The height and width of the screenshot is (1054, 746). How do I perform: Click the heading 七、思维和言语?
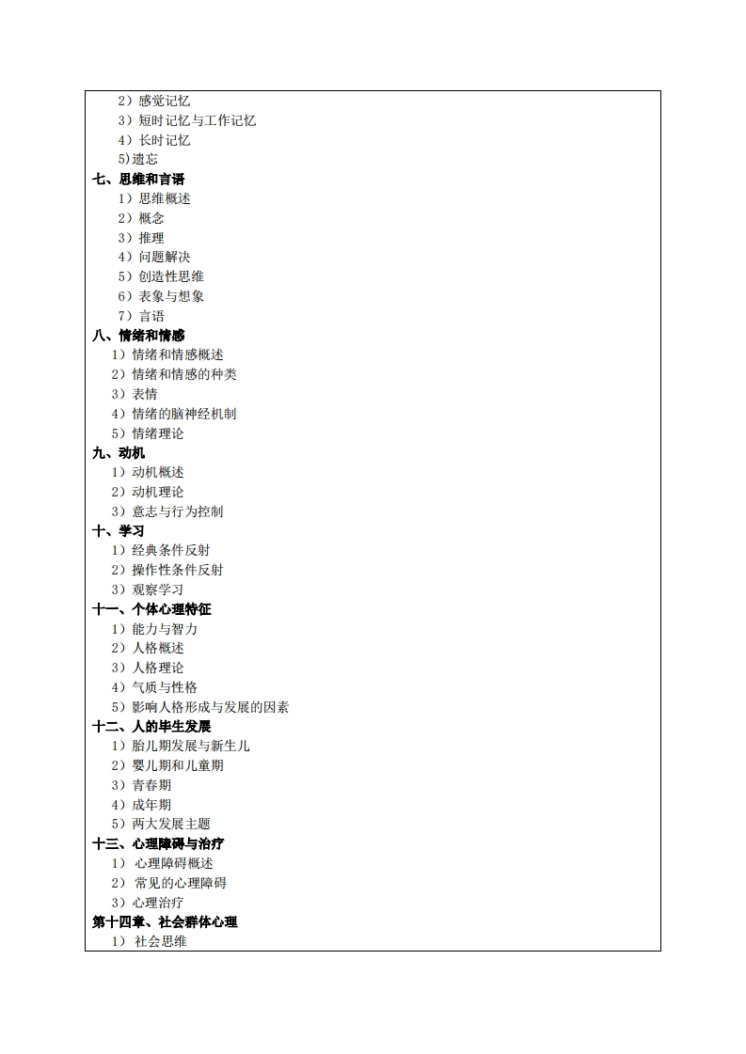138,179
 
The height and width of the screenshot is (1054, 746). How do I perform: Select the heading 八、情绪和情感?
138,335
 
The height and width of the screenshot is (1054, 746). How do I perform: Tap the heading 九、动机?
119,452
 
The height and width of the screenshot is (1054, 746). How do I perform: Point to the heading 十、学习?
119,530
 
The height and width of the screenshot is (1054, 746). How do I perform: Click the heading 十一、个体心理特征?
151,609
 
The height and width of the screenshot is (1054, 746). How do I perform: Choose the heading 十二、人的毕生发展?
151,726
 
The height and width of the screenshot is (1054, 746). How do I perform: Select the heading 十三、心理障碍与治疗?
158,843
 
